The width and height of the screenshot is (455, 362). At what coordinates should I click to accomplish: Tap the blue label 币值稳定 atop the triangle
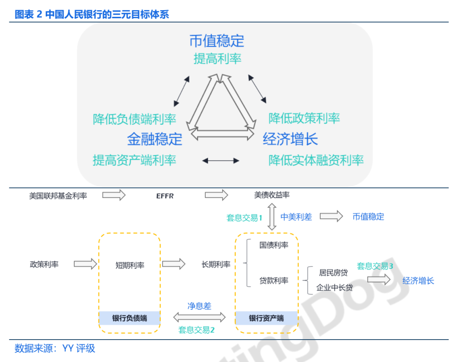click(217, 41)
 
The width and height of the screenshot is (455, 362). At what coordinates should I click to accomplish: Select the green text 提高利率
click(217, 59)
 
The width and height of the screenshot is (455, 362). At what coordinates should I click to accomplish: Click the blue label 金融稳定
click(155, 139)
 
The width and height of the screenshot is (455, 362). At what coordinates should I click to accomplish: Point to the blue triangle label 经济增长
click(290, 139)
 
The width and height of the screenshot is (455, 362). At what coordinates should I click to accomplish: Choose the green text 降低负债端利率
click(134, 119)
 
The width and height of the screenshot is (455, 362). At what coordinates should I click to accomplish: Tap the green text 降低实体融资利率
click(316, 160)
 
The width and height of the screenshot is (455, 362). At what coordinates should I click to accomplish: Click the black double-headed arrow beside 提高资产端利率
click(221, 161)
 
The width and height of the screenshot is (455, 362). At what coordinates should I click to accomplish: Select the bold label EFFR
click(165, 196)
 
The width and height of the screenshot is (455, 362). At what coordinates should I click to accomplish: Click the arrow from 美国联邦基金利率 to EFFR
click(114, 195)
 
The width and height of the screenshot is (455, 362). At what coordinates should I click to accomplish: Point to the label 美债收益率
click(272, 195)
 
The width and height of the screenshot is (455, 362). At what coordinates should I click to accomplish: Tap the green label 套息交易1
click(244, 218)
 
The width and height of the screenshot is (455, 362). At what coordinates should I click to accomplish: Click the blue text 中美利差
click(296, 217)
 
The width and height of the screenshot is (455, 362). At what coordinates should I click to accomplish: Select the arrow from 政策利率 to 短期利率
click(86, 264)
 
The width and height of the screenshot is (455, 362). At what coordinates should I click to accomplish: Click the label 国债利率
click(274, 245)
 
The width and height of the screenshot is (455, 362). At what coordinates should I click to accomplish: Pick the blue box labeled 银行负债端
click(129, 318)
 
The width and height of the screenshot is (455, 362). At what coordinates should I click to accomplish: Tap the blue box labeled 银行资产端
click(266, 318)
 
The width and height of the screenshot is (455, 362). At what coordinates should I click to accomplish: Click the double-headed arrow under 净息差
click(199, 317)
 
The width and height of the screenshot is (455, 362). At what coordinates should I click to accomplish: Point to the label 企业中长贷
click(335, 288)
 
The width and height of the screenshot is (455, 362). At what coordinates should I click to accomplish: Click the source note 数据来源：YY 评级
click(55, 349)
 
